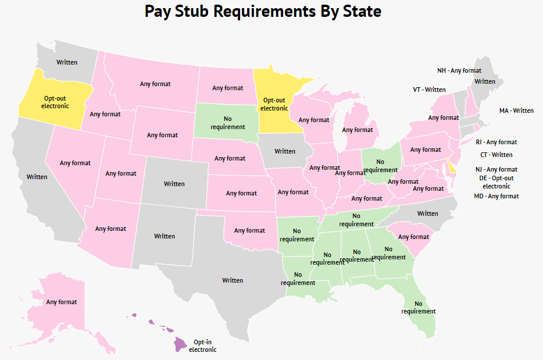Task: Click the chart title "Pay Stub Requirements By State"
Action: click(x=263, y=12)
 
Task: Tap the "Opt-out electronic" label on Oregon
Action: click(x=55, y=102)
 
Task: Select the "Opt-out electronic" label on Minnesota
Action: click(x=274, y=104)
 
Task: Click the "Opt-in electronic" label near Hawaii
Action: click(x=205, y=346)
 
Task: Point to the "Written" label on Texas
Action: click(x=233, y=280)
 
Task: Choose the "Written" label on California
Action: click(x=37, y=177)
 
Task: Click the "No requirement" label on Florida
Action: click(x=418, y=307)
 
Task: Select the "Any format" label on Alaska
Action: click(x=62, y=302)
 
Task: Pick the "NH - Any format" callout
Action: click(x=459, y=70)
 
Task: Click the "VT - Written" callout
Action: click(x=429, y=90)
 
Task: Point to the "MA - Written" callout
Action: click(x=516, y=111)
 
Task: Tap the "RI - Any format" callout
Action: click(x=496, y=142)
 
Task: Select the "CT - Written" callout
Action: click(x=496, y=155)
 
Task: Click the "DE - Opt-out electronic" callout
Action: click(x=496, y=182)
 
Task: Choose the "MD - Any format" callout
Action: click(x=496, y=196)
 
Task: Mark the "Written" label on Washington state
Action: click(x=67, y=62)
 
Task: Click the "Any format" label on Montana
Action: click(x=155, y=84)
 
